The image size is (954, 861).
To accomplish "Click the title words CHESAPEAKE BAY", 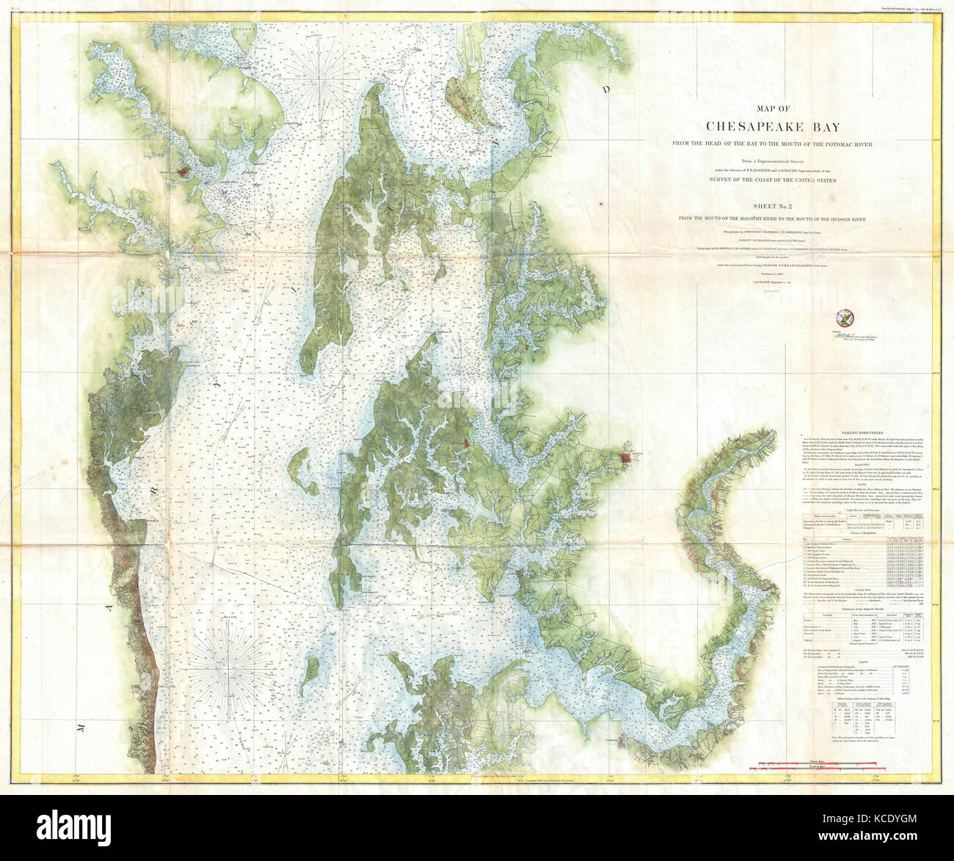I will point(764,126).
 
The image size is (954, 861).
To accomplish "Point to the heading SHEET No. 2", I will point(764,208).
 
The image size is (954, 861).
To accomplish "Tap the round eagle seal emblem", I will point(844,318).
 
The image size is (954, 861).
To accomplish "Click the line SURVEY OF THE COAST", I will point(764,178).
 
